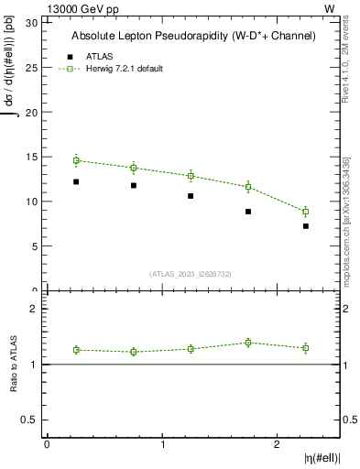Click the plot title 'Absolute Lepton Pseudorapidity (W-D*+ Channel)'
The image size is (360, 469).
point(193,36)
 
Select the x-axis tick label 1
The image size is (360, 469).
point(162,444)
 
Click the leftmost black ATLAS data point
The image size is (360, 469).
point(76,181)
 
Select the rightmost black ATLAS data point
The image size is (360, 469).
point(306,225)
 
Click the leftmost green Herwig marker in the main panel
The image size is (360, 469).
point(76,160)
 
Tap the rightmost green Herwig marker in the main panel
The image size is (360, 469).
point(306,212)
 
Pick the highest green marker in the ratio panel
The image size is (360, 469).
point(248,343)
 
